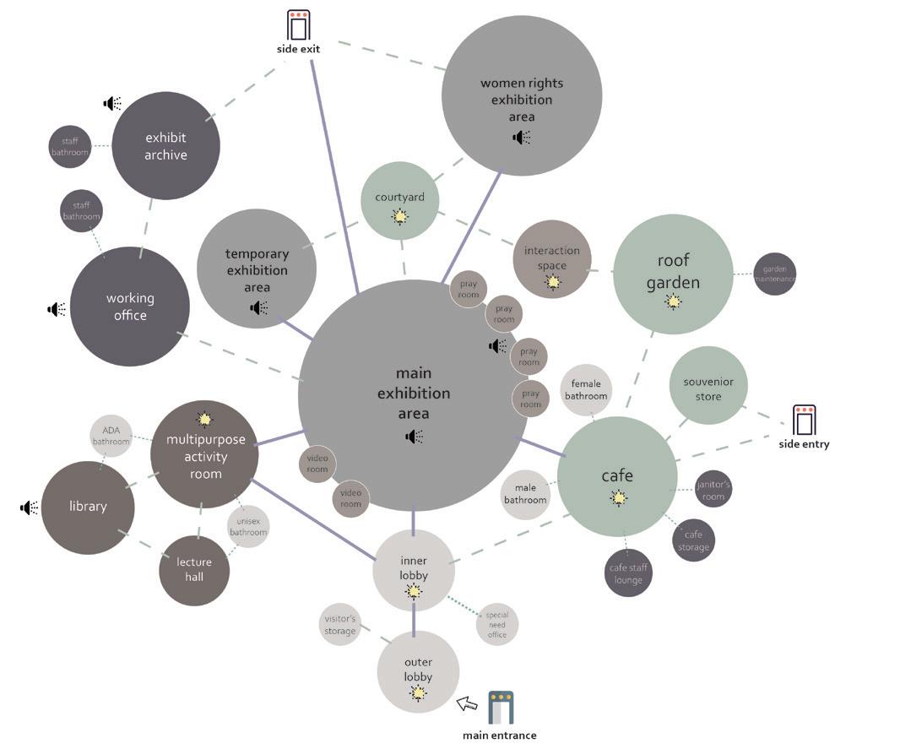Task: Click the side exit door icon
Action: [x=298, y=24]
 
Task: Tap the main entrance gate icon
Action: [x=501, y=707]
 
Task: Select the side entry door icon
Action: [x=804, y=420]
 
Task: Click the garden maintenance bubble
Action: [x=774, y=274]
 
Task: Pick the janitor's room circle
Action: [x=713, y=489]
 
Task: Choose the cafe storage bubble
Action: [x=693, y=540]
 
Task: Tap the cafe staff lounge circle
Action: [x=628, y=573]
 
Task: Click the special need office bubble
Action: [x=496, y=625]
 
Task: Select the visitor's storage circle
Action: [x=340, y=625]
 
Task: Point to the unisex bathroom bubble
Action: [x=248, y=527]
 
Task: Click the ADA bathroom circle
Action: [x=111, y=436]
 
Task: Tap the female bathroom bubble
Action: [x=586, y=390]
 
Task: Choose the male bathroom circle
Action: [x=525, y=493]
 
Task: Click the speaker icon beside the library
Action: [x=30, y=507]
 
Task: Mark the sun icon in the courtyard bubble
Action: [x=400, y=217]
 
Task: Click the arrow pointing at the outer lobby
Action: [x=467, y=703]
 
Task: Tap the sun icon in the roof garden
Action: [x=673, y=301]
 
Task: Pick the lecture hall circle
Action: [x=194, y=570]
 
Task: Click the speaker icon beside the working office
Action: [x=57, y=309]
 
